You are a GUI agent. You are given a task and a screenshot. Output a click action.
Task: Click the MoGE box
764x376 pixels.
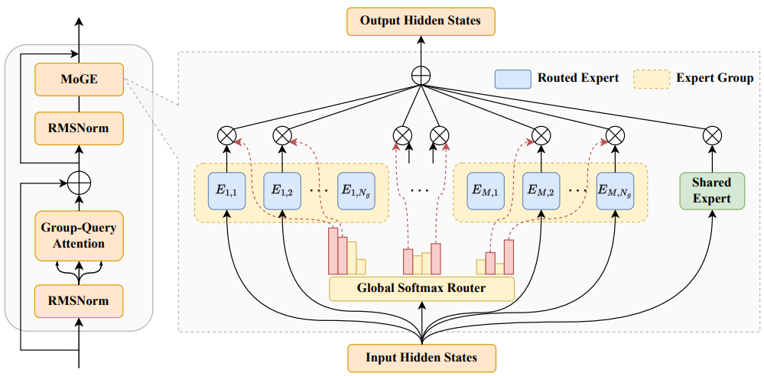click(x=79, y=79)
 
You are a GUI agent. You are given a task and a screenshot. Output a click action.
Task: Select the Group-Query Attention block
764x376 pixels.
click(x=79, y=236)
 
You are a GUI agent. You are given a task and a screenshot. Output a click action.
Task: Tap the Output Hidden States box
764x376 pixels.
click(x=421, y=21)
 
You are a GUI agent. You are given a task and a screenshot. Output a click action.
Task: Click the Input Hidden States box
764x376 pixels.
click(x=421, y=358)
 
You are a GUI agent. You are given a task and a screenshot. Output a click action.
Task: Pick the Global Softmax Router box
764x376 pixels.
click(x=421, y=288)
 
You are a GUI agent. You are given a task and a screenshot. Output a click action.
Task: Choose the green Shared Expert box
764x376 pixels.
click(x=712, y=191)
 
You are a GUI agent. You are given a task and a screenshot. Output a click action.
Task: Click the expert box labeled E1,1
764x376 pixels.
click(x=226, y=191)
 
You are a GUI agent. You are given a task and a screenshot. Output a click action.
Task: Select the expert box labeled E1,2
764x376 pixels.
click(x=282, y=191)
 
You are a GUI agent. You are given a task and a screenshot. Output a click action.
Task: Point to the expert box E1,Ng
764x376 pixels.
click(x=356, y=191)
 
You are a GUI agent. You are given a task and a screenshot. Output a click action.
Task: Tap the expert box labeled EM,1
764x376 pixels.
click(x=486, y=191)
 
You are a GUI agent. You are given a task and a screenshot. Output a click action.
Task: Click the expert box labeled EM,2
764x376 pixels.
click(x=541, y=191)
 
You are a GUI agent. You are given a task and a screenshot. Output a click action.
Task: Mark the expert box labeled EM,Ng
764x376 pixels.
click(x=615, y=191)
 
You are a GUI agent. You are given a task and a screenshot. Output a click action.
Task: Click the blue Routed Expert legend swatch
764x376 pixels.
click(x=512, y=79)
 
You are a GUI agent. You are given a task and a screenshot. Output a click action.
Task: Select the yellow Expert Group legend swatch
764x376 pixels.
click(x=652, y=79)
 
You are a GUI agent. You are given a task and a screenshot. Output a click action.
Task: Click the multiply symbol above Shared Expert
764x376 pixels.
click(x=712, y=135)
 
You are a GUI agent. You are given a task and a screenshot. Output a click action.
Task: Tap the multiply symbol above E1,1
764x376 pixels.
click(x=226, y=135)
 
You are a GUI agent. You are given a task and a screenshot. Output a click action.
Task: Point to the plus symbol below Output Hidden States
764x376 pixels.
click(x=421, y=76)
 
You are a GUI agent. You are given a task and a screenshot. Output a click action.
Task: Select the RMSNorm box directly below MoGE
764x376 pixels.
click(x=79, y=129)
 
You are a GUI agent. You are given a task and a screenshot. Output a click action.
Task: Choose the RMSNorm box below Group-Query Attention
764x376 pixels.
click(x=79, y=300)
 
